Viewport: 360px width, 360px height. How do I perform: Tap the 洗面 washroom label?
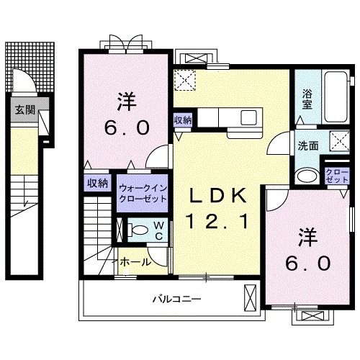point(307,145)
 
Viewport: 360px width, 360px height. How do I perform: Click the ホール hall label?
point(135,261)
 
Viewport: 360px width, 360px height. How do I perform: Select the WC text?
point(158,231)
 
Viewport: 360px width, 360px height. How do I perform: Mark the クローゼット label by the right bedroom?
point(337,175)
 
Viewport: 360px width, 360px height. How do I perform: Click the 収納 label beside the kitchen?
point(182,120)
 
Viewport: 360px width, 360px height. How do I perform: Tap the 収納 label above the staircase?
point(98,184)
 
